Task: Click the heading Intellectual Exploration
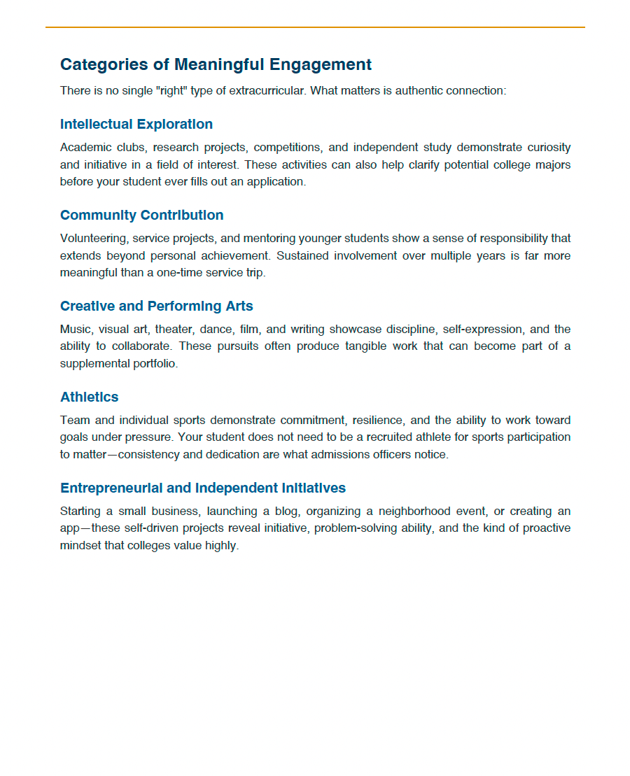coord(136,125)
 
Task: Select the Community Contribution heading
coord(142,216)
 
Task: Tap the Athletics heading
coord(90,397)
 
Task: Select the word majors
coord(551,165)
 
